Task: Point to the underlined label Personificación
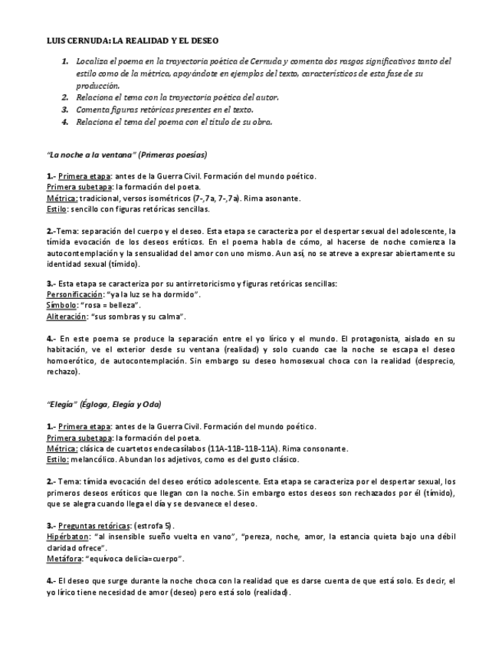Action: coord(74,294)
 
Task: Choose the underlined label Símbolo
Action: coord(61,305)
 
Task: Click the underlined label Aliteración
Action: coord(67,316)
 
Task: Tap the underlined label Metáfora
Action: coord(65,560)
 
